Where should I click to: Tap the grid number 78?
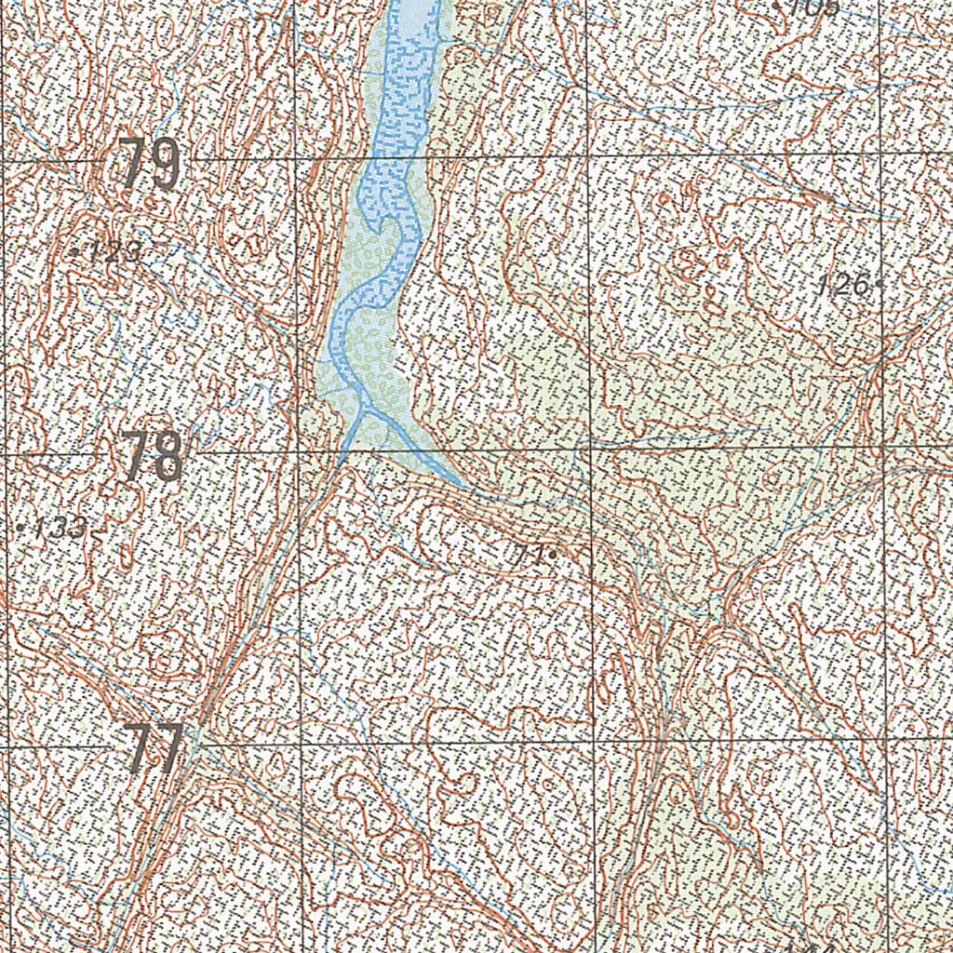coord(153,457)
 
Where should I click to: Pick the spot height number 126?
coord(843,286)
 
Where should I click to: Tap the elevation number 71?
coord(529,556)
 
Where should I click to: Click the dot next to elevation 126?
coord(879,285)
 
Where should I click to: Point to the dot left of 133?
coord(21,528)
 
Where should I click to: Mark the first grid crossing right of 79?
coord(295,159)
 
